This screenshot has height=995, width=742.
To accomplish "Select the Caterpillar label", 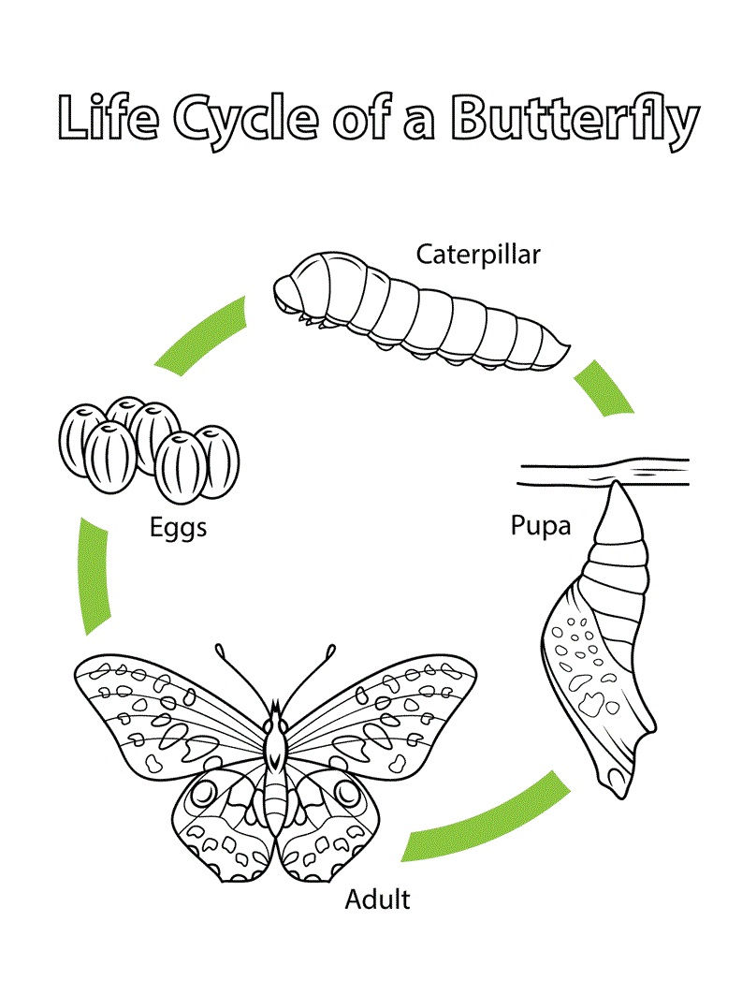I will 478,254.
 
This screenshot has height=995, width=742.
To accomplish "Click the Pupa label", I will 540,525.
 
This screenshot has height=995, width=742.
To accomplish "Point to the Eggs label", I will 178,527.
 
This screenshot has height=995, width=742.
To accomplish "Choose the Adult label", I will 377,900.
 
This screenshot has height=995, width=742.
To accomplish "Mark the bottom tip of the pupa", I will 612,784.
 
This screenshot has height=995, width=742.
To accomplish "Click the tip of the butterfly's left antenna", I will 221,648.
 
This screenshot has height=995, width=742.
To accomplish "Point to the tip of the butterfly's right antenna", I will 330,649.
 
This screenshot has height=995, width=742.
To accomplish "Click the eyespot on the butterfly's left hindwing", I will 203,795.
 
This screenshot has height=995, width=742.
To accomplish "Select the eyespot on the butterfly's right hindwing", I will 347,795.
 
